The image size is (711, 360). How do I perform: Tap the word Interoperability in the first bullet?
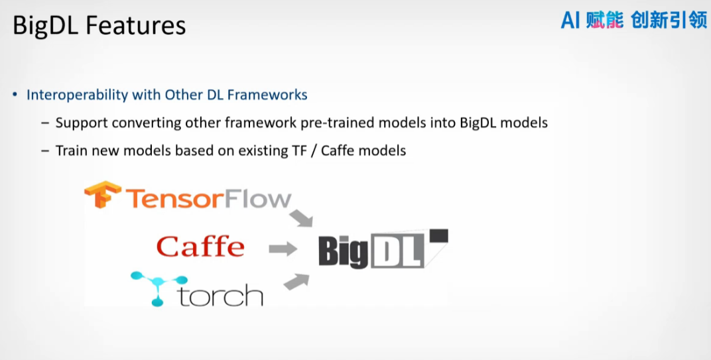coord(77,95)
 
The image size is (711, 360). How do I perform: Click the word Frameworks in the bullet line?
coord(267,95)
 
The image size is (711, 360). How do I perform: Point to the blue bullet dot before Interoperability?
coord(15,95)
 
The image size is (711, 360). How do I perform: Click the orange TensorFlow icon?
coord(103,194)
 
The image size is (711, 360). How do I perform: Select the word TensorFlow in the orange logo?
coord(208,199)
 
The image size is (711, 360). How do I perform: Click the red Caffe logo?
coord(200,247)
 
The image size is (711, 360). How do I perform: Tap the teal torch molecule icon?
coord(159,288)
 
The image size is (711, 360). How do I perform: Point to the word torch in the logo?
coord(221,295)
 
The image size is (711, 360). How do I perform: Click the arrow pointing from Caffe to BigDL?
coord(283,249)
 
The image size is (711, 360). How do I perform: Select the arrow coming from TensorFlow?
coord(301,217)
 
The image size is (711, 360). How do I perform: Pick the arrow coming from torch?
coord(296,282)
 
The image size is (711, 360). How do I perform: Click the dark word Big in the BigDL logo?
coord(344,251)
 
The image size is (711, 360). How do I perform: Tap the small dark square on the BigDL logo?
coord(438,235)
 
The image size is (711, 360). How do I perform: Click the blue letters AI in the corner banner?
coord(570,21)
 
